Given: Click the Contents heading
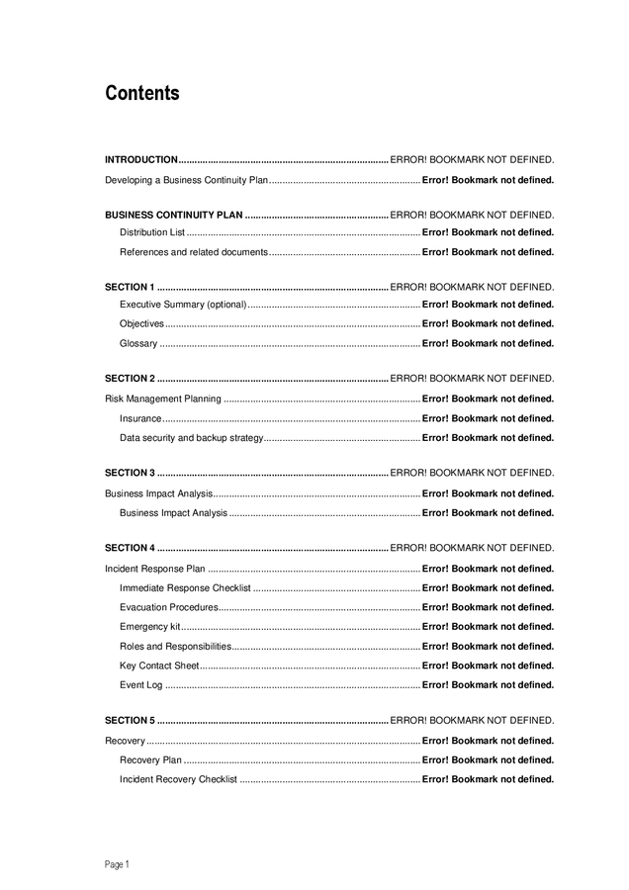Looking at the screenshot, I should click(x=142, y=94).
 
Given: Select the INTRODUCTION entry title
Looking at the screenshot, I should click(x=141, y=159).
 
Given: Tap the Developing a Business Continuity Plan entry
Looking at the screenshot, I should click(x=187, y=180).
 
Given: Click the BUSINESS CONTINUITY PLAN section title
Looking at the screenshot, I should click(x=174, y=215).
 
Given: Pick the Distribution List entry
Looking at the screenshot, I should click(x=152, y=232).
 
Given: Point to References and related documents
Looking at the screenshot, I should click(x=194, y=252).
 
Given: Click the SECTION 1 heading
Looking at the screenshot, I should click(x=130, y=287).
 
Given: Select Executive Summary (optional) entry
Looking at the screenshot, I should click(x=183, y=305).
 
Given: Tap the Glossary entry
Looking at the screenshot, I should click(x=138, y=343).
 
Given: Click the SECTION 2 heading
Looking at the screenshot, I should click(x=130, y=378).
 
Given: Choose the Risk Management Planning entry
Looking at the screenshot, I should click(x=163, y=399).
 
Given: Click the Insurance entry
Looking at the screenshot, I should click(x=140, y=418).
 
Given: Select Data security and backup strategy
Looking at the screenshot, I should click(x=192, y=437).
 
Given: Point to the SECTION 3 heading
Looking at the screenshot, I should click(x=130, y=473).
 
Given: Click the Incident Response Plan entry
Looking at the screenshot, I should click(x=155, y=569).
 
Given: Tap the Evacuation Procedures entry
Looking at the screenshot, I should click(x=169, y=607).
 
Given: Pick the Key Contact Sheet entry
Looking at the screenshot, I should click(x=159, y=666).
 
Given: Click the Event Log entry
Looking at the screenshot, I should click(x=141, y=684).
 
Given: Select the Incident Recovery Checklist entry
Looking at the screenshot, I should click(x=178, y=779).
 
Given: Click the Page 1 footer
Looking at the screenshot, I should click(x=117, y=864).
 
